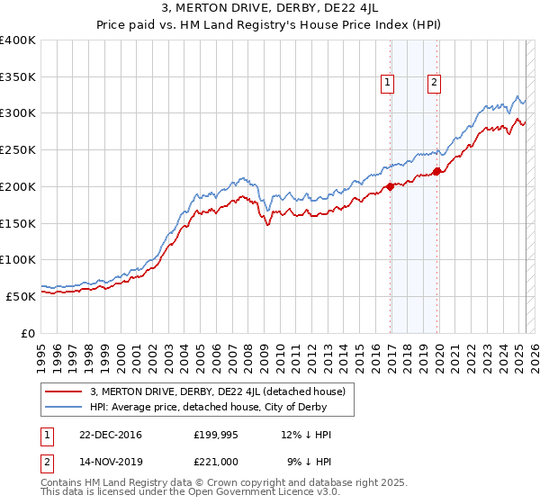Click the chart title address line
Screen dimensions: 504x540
269,8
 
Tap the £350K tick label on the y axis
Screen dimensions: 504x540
18,77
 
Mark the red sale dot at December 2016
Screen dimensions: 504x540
391,187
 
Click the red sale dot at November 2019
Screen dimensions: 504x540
436,171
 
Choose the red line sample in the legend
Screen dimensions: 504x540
64,391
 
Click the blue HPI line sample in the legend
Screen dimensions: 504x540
64,408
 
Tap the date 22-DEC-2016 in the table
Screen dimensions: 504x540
111,435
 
